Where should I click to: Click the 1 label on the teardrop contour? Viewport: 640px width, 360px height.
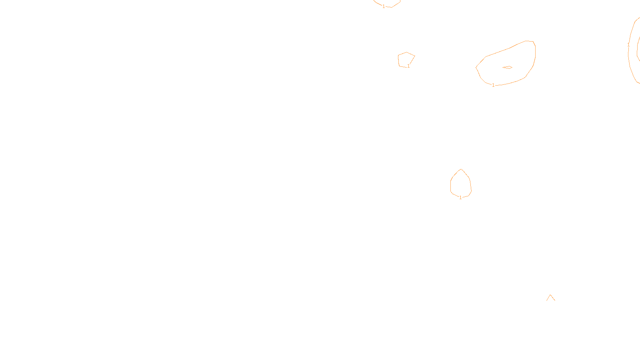tap(460, 197)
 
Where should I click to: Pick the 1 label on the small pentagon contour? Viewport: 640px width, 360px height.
tap(408, 66)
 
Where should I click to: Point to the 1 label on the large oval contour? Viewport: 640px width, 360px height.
tap(493, 85)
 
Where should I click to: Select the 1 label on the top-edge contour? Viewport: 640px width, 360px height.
tap(384, 6)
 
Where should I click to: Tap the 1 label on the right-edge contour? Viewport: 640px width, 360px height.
tap(628, 45)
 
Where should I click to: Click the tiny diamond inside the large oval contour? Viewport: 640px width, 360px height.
tap(507, 67)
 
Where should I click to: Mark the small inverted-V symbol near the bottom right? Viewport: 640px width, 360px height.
tap(551, 298)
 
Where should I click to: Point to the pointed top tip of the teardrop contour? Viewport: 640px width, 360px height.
tap(461, 169)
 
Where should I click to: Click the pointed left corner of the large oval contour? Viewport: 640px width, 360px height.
tap(476, 67)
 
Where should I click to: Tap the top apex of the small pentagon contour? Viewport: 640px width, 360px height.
tap(406, 52)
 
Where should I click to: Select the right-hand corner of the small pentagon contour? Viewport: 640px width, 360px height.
tap(415, 56)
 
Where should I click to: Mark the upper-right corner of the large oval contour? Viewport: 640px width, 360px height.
tap(533, 42)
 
